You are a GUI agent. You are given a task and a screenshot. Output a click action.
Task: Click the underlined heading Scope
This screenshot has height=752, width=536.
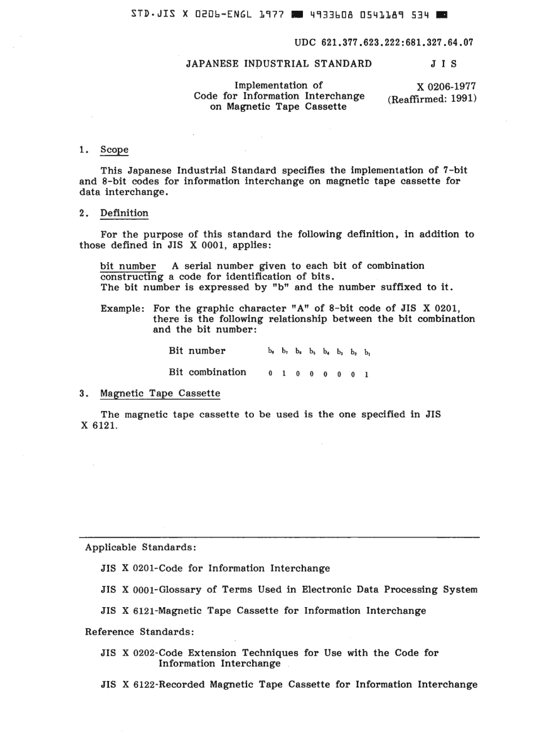click(x=114, y=150)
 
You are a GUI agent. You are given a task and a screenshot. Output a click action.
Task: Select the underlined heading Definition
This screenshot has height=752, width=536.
click(x=124, y=213)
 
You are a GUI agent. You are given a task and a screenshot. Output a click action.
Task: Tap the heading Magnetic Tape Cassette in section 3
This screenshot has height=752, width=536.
click(x=160, y=393)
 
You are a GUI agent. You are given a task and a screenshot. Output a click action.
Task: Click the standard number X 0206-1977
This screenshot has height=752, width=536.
click(x=446, y=87)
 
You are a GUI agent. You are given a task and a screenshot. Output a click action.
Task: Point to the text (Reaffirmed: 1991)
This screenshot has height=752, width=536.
click(x=432, y=99)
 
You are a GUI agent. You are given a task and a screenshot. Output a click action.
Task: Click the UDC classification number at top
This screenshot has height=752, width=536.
click(x=384, y=42)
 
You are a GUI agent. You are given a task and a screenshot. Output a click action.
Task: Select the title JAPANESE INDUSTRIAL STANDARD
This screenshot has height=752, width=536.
click(x=279, y=64)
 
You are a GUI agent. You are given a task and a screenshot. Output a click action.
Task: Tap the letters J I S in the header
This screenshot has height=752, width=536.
click(x=443, y=64)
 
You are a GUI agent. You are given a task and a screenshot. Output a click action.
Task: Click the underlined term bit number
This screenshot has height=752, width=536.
click(x=128, y=266)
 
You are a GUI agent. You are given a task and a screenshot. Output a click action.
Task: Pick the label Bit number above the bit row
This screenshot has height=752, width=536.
click(x=197, y=351)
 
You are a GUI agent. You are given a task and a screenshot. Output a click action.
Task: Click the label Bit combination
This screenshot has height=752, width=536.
click(x=207, y=372)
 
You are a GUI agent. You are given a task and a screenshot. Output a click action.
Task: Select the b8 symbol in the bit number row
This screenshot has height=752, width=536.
click(x=271, y=352)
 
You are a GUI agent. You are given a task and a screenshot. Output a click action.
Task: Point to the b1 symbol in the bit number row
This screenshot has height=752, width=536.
click(x=367, y=353)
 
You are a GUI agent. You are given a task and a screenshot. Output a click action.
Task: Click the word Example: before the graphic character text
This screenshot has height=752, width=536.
click(x=122, y=308)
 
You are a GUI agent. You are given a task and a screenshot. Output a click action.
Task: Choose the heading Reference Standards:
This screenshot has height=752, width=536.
click(x=139, y=632)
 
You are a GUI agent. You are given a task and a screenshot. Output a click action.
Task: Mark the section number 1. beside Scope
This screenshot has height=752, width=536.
click(x=84, y=150)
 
